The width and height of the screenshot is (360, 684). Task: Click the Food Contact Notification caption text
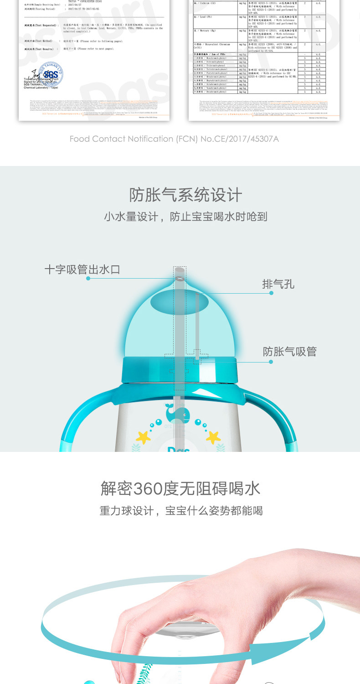(x=174, y=139)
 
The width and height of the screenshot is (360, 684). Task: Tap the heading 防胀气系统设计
(x=185, y=195)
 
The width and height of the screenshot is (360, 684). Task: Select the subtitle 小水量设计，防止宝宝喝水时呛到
(x=185, y=217)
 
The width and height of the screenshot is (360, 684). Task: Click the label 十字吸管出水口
(x=82, y=269)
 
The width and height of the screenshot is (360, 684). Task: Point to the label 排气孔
(x=278, y=284)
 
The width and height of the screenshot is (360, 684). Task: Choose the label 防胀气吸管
(x=289, y=352)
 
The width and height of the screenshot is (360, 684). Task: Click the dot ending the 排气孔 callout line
(x=271, y=293)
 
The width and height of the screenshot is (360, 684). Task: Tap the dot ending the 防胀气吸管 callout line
(x=271, y=362)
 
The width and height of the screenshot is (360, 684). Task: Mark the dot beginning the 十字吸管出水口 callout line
(x=88, y=278)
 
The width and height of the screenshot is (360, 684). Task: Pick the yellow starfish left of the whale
(x=144, y=437)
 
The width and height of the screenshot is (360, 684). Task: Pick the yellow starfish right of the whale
(x=213, y=437)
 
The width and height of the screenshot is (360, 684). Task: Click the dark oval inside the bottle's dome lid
(x=180, y=301)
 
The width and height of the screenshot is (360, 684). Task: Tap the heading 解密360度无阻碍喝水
(x=180, y=488)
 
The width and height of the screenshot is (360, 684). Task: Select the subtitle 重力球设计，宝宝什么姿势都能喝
(x=181, y=511)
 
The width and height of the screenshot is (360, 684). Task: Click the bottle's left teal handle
(x=73, y=424)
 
